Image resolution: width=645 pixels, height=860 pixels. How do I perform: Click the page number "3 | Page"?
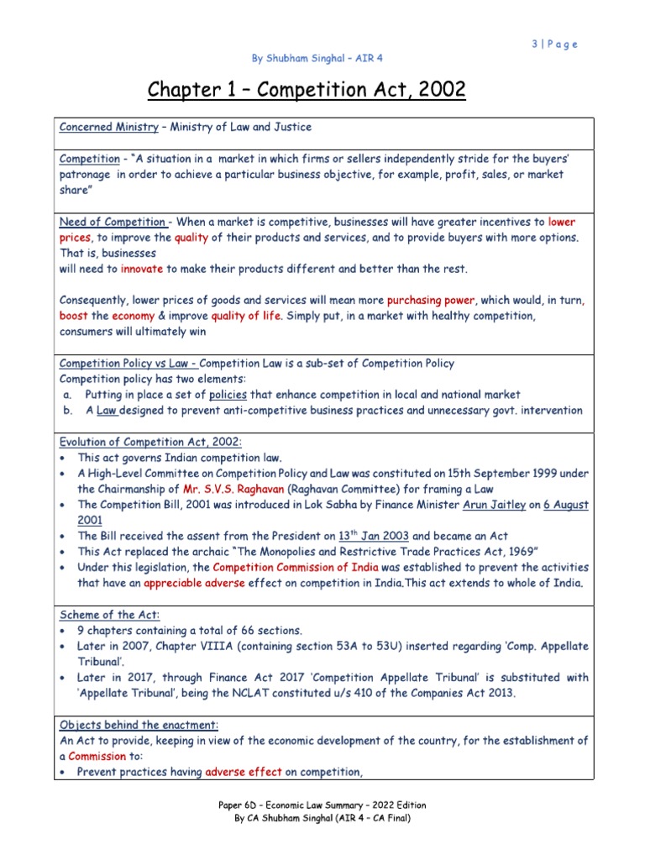pos(554,45)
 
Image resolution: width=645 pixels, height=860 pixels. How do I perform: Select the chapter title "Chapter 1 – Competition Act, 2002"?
pos(307,89)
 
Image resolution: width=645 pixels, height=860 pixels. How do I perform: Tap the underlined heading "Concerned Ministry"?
pos(108,127)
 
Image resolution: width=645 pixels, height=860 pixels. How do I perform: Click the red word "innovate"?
pos(142,269)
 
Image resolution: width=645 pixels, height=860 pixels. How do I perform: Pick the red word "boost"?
pos(73,316)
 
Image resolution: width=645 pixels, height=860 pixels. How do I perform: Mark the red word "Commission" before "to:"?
pos(97,757)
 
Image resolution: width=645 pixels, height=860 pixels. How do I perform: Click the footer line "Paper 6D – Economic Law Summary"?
pos(323,806)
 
